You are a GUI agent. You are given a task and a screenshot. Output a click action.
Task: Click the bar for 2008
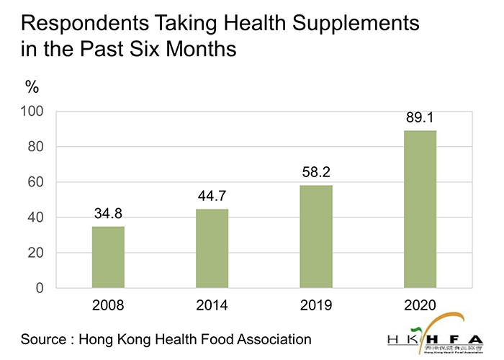[108, 257]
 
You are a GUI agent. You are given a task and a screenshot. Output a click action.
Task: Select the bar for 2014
[212, 248]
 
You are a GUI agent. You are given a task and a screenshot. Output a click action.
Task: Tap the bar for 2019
[316, 237]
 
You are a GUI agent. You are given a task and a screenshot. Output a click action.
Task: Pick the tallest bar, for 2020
[420, 209]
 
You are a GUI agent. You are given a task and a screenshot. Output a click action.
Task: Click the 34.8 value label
[108, 214]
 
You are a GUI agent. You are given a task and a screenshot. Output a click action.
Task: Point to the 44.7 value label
[212, 197]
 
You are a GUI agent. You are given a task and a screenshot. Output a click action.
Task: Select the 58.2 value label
[316, 173]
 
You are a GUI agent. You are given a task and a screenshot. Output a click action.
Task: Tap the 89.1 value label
[420, 117]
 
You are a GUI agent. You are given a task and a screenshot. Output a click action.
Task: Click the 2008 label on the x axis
[108, 306]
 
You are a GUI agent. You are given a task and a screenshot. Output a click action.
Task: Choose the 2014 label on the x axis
[212, 306]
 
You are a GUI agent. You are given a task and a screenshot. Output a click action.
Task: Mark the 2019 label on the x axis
[316, 306]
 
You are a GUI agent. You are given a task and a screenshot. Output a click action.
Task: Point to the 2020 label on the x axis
[420, 306]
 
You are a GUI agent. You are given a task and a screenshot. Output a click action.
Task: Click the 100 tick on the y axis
[35, 112]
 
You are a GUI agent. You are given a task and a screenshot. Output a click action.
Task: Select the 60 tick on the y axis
[38, 182]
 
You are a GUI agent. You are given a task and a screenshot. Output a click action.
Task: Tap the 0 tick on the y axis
[42, 288]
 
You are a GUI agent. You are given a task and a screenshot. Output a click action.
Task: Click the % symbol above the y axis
[32, 88]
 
